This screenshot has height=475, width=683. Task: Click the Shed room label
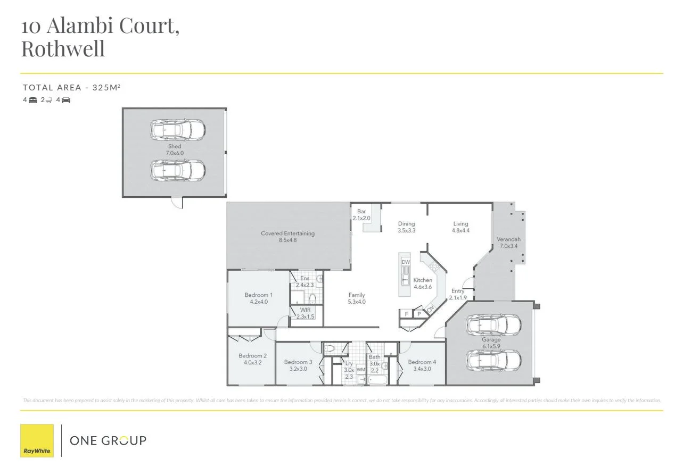point(175,146)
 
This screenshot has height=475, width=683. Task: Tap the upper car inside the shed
point(177,129)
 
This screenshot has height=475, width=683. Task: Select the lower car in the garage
point(494,360)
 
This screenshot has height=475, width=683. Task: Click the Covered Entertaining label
point(287,233)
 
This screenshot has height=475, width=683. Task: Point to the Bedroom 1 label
point(259,295)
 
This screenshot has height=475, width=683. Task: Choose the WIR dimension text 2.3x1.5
point(306,316)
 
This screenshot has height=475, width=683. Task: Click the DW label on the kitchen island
point(406,262)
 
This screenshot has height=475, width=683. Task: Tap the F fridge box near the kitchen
point(407,314)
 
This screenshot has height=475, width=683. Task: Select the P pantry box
point(419,314)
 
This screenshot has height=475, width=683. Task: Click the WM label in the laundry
point(361,369)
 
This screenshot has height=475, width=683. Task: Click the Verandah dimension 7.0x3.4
point(508,246)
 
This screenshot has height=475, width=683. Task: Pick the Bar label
point(361,211)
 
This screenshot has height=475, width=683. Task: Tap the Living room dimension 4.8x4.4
point(460,231)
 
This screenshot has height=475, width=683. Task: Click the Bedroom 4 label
point(422,362)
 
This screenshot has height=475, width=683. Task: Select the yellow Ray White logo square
point(37,440)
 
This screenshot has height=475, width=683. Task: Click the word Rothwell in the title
point(63,48)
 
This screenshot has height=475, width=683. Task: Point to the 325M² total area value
point(106,87)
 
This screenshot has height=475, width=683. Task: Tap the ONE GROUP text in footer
point(108,440)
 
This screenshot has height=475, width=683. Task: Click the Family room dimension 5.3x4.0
point(357,302)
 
